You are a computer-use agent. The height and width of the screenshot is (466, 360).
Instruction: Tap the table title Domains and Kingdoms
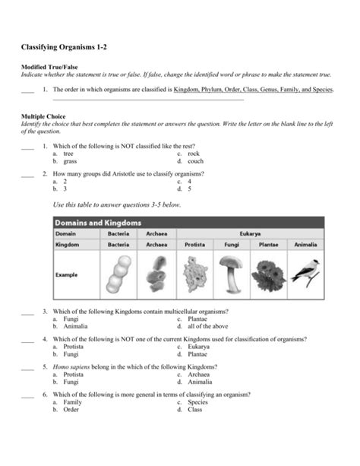coord(98,223)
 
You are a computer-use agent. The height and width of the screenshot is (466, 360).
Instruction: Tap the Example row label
coord(67,274)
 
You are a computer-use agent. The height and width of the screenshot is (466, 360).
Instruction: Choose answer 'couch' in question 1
coord(195,161)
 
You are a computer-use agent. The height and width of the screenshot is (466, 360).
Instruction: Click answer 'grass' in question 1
coord(70,161)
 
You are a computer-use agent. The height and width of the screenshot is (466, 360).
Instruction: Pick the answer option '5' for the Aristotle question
coord(190,189)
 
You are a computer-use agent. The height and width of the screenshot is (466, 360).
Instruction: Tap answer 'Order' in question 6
coord(71,409)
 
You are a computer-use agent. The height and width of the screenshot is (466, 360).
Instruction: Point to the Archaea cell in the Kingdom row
coord(156,246)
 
